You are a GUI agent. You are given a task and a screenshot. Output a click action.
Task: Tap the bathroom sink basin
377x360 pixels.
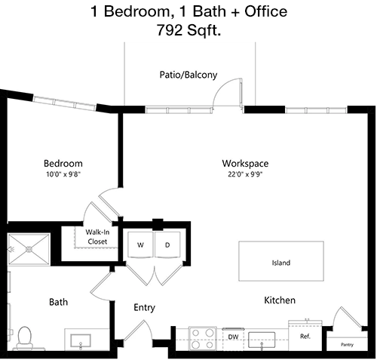(81, 341)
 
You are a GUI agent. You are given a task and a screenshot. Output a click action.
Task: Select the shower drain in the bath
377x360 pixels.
(29, 249)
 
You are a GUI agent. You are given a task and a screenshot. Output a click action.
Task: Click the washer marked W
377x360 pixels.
(140, 245)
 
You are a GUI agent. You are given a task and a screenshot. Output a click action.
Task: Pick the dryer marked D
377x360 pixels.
(167, 245)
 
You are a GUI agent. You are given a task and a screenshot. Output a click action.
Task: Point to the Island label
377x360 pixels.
(281, 263)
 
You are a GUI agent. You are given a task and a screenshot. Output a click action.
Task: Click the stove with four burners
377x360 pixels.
(203, 338)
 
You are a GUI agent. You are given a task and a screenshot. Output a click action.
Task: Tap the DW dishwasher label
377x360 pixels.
(233, 337)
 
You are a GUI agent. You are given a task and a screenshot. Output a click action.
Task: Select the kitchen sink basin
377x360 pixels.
(262, 340)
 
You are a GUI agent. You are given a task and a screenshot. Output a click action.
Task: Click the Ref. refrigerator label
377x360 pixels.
(305, 336)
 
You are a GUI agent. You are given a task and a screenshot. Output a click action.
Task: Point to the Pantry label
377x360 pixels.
(347, 345)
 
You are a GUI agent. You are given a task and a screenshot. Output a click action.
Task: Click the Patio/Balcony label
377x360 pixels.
(188, 75)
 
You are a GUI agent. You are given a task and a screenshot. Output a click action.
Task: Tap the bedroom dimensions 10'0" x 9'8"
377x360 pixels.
(63, 174)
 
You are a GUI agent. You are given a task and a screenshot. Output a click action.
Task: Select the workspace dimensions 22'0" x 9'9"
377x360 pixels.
(245, 174)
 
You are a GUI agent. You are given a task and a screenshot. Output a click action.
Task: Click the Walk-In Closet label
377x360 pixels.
(97, 237)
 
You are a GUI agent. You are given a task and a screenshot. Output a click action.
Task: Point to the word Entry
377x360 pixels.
(144, 308)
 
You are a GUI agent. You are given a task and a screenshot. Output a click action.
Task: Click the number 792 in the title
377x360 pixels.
(170, 30)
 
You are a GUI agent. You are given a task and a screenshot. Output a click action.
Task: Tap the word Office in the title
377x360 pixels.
(265, 11)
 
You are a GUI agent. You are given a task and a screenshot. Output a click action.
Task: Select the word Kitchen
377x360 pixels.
(280, 300)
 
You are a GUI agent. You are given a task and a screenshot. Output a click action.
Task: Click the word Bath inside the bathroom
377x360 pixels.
(59, 302)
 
